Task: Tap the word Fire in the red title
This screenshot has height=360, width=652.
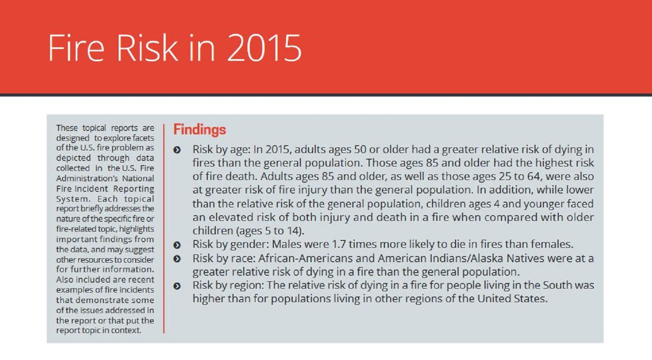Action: coord(76,48)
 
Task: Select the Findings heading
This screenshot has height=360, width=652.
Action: coord(200,130)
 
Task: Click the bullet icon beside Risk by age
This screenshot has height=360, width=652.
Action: coord(177,150)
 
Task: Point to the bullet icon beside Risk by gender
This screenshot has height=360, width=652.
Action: coord(177,245)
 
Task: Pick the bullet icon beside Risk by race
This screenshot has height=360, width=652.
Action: coord(177,259)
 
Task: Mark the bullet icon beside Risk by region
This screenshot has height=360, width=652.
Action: coord(177,286)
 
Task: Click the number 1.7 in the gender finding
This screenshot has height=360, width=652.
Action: coord(339,244)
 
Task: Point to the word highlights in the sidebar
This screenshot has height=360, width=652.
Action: coord(136,229)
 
